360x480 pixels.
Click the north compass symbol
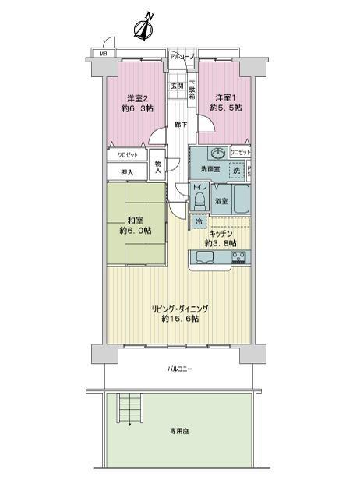[x=142, y=28]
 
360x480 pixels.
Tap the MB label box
[x=102, y=54]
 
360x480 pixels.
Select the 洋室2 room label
[x=137, y=104]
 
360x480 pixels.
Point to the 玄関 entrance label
[x=177, y=86]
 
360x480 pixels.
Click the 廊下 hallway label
[x=180, y=125]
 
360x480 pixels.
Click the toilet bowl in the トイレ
[x=199, y=202]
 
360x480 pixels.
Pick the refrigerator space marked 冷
[x=198, y=221]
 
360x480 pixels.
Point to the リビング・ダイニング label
[x=181, y=312]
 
